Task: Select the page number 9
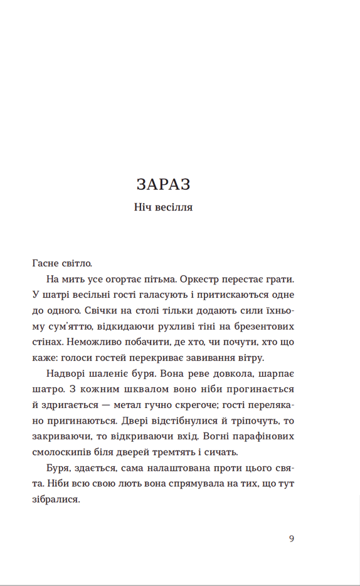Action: coord(292,538)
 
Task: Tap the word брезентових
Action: coord(263,327)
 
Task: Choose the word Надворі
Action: coord(65,375)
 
